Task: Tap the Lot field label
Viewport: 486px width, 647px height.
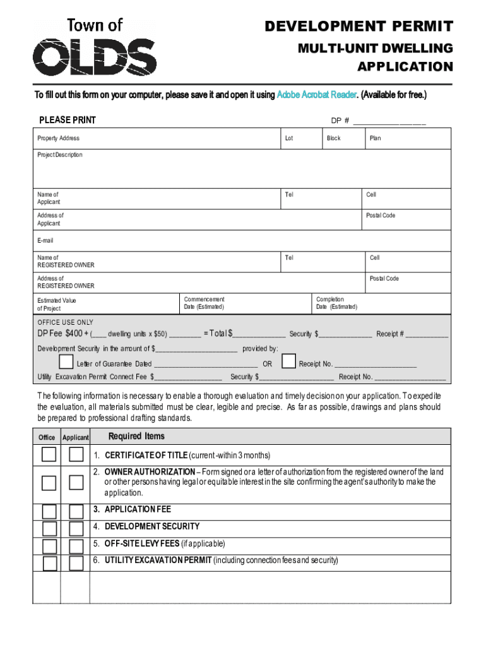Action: tap(289, 138)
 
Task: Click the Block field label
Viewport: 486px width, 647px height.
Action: tap(333, 138)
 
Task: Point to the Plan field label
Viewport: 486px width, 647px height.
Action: tap(375, 138)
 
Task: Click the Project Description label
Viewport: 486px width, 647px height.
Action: tap(60, 155)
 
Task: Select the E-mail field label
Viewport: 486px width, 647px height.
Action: tap(45, 240)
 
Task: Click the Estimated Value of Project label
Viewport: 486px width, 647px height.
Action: tap(57, 305)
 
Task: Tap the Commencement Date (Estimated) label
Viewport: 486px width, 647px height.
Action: tap(204, 303)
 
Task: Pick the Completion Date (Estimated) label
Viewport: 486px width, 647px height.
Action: tap(336, 303)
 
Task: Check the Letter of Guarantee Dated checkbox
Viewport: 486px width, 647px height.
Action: tap(66, 362)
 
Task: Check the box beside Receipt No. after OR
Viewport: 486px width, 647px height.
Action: tap(288, 361)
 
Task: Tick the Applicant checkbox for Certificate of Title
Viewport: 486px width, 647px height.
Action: tap(76, 454)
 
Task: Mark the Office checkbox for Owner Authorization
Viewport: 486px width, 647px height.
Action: tap(49, 483)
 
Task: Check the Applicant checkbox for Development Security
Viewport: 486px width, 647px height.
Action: tap(76, 528)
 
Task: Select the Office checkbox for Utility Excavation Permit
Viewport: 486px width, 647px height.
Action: tap(49, 562)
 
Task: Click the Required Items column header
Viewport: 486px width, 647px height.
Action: tap(136, 436)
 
